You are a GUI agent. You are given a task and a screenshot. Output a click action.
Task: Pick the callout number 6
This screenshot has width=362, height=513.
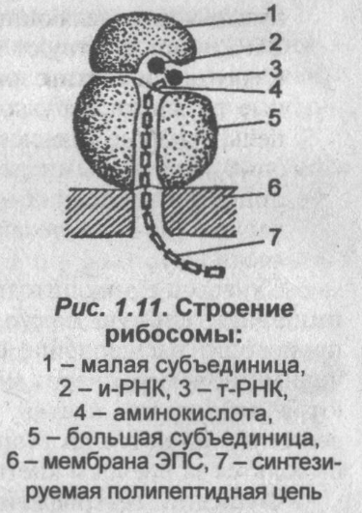point(273,186)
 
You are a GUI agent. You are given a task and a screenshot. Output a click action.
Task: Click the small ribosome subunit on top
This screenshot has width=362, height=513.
point(140,44)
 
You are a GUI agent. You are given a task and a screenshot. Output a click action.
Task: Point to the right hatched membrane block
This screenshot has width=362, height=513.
point(209,210)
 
